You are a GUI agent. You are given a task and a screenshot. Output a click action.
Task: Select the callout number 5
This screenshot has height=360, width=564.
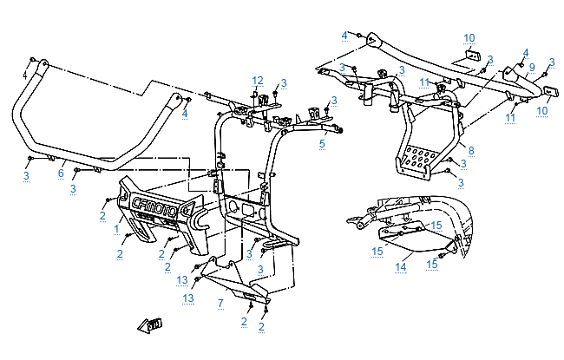tap(322, 142)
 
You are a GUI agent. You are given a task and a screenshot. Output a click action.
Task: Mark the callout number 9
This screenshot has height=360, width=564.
tap(530, 67)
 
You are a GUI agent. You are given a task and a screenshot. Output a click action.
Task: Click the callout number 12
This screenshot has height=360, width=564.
tap(257, 80)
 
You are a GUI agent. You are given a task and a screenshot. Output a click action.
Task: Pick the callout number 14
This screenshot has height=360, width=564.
tap(401, 267)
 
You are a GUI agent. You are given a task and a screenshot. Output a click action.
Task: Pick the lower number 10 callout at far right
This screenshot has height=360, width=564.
tap(542, 111)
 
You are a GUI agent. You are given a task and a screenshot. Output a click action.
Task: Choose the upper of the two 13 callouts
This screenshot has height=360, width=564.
tap(182, 279)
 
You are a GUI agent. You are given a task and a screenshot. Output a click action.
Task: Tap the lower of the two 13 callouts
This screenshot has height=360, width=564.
tap(187, 298)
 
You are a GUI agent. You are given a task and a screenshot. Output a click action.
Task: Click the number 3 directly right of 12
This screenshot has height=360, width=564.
tap(284, 82)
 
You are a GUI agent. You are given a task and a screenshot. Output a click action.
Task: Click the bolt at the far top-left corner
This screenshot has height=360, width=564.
tap(32, 60)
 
